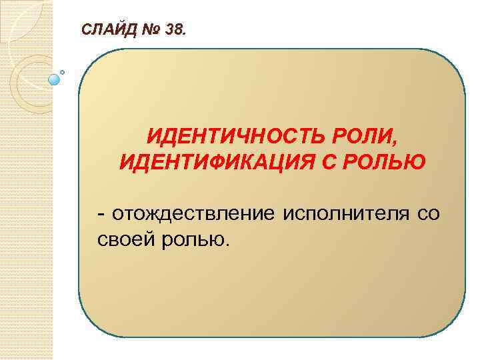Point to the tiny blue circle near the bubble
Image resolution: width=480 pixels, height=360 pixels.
63,71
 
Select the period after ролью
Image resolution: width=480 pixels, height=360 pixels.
226,244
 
